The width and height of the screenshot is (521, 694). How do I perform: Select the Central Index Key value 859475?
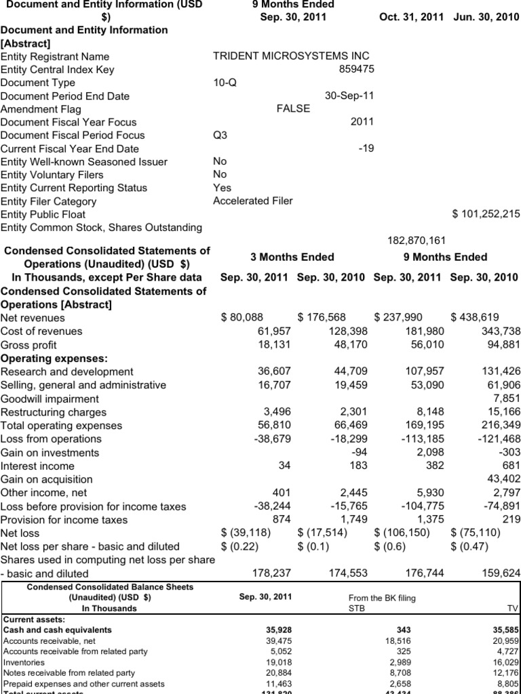pyautogui.click(x=356, y=69)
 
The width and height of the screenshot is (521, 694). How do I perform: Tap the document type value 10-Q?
pyautogui.click(x=225, y=83)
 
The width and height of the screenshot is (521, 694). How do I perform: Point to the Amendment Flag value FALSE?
pyautogui.click(x=293, y=108)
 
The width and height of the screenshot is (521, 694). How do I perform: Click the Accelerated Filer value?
pyautogui.click(x=253, y=201)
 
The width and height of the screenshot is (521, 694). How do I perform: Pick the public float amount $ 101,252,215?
pyautogui.click(x=486, y=214)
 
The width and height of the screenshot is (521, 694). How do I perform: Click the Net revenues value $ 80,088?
pyautogui.click(x=242, y=317)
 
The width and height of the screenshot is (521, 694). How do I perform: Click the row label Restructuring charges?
pyautogui.click(x=54, y=412)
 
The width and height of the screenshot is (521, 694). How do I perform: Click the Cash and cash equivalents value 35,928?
pyautogui.click(x=279, y=630)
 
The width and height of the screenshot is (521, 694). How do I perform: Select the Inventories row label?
pyautogui.click(x=24, y=662)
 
